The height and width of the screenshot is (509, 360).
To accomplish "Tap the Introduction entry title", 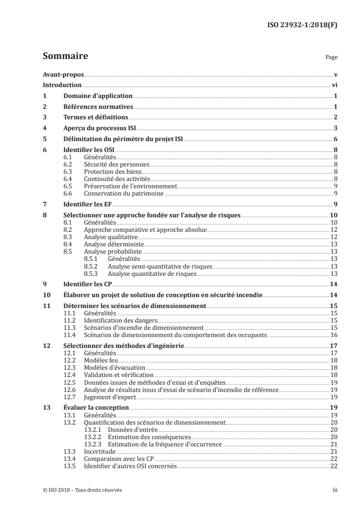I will pyautogui.click(x=62, y=85).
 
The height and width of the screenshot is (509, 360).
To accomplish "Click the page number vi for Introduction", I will pyautogui.click(x=334, y=85).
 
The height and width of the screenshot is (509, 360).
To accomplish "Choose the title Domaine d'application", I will pyautogui.click(x=98, y=96).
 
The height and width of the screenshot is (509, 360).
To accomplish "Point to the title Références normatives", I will pyautogui.click(x=98, y=107).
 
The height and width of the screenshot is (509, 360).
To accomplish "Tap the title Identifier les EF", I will pyautogui.click(x=85, y=203).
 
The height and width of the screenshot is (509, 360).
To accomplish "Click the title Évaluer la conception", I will pyautogui.click(x=96, y=407).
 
